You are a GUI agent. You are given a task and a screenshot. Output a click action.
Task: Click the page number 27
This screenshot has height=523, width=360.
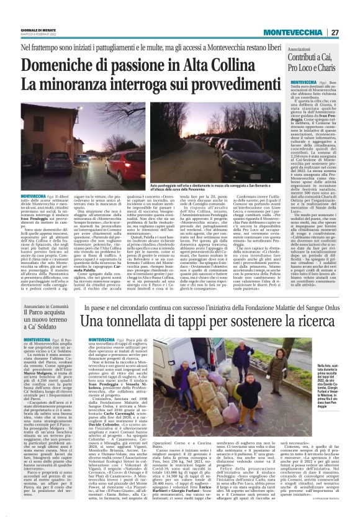point(335,32)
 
